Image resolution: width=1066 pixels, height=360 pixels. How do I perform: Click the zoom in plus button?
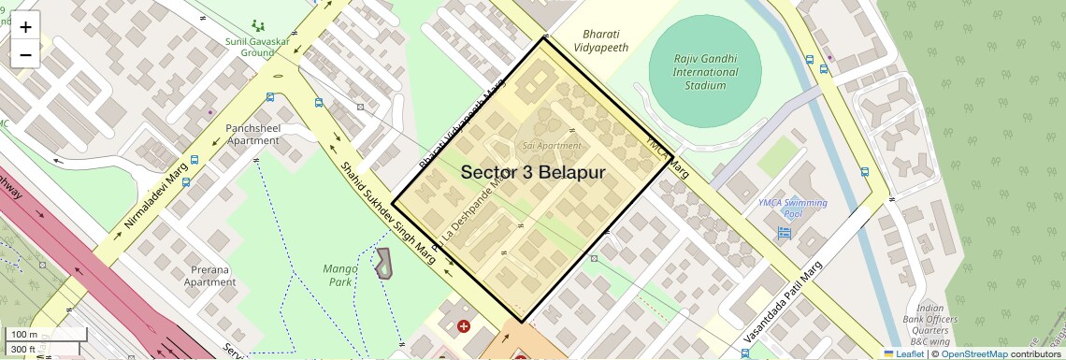tap(25, 27)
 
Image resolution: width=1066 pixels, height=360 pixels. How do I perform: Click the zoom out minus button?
tap(25, 54)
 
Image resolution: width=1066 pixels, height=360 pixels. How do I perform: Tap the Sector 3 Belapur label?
tap(533, 173)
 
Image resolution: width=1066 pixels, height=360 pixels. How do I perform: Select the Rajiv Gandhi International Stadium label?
tap(705, 72)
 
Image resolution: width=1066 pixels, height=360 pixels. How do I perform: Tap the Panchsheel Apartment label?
tap(252, 134)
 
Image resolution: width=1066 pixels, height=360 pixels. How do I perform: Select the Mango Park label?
tap(339, 274)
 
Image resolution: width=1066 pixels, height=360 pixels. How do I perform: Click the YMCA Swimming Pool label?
tap(793, 208)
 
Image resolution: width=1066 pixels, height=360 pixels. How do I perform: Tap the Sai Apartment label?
tap(552, 146)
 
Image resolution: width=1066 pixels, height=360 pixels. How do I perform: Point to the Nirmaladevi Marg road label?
tap(155, 197)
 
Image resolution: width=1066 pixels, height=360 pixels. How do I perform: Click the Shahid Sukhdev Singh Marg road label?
tap(387, 214)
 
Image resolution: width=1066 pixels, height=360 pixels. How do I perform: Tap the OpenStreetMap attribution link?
tap(974, 353)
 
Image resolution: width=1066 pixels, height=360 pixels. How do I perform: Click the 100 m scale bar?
tap(33, 334)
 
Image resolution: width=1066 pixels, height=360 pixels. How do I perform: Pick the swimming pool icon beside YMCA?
tap(784, 232)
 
